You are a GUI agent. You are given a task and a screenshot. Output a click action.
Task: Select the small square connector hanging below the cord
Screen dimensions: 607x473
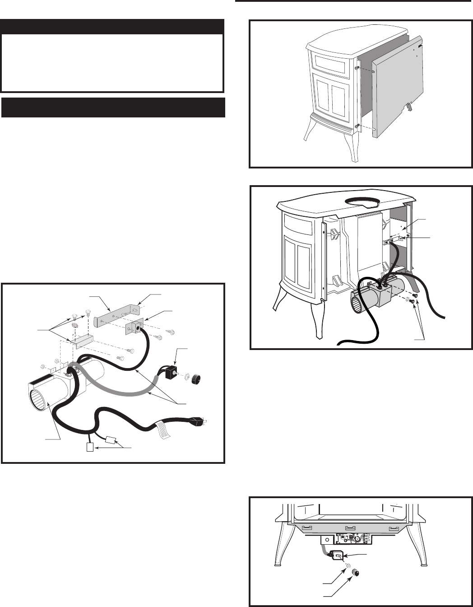point(90,448)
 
